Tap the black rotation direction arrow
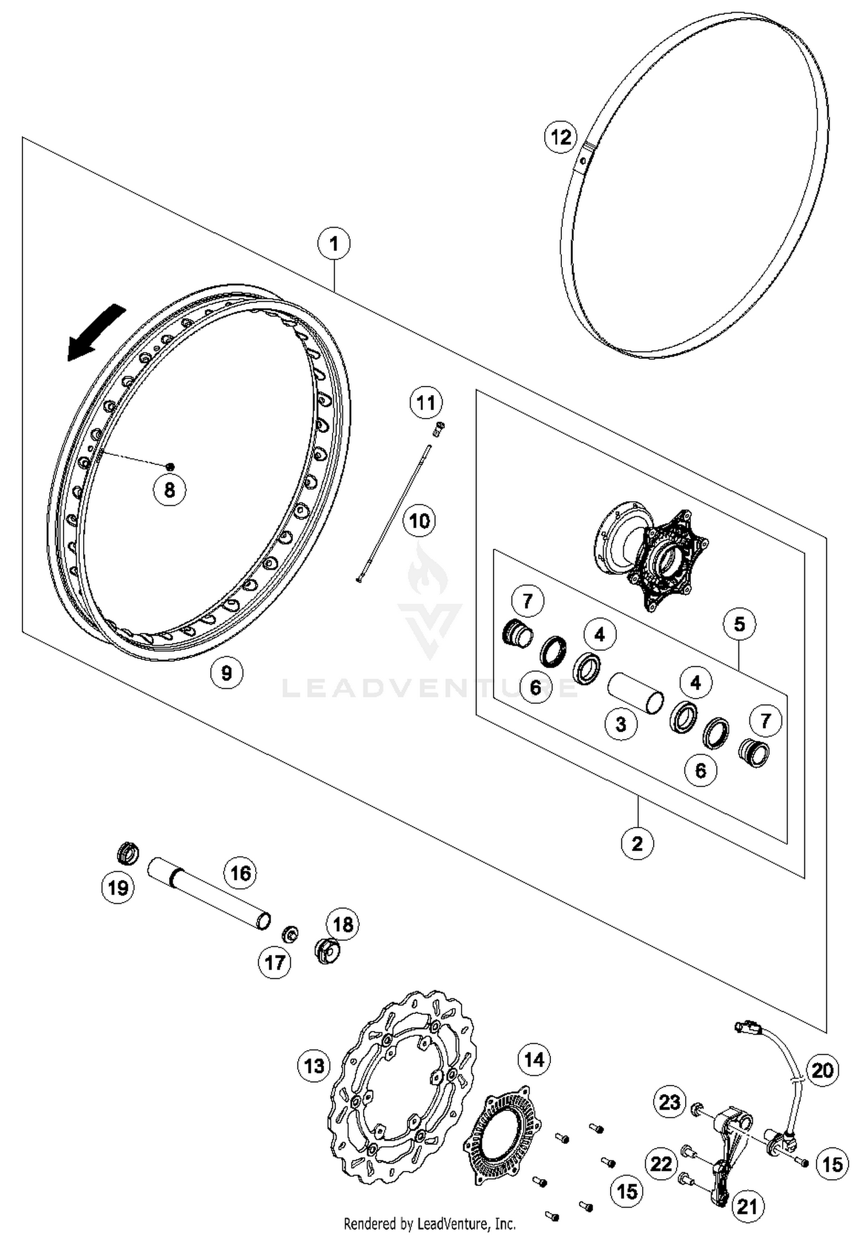pyautogui.click(x=96, y=333)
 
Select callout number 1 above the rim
pyautogui.click(x=334, y=244)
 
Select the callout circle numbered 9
pyautogui.click(x=226, y=672)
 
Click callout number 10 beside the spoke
pyautogui.click(x=419, y=521)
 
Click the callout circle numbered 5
pyautogui.click(x=738, y=624)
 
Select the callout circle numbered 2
pyautogui.click(x=637, y=843)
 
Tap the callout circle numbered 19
pyautogui.click(x=118, y=888)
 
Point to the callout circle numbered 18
pyautogui.click(x=342, y=924)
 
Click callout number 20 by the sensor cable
pyautogui.click(x=822, y=1069)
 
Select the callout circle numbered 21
pyautogui.click(x=746, y=1205)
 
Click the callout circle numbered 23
pyautogui.click(x=669, y=1102)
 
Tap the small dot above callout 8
pyautogui.click(x=170, y=466)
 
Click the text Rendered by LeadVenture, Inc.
pyautogui.click(x=429, y=1224)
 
